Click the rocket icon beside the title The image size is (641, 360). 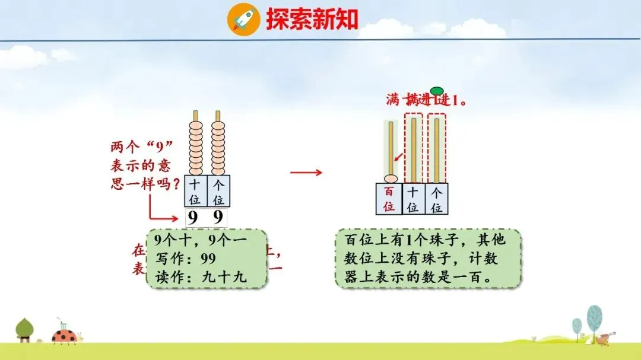tap(243, 20)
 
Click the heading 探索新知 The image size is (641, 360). tap(312, 20)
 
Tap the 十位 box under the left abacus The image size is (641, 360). tap(195, 191)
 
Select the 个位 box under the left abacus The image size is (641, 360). tap(218, 191)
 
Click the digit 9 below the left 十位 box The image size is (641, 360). tap(193, 218)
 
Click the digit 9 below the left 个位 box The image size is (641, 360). tap(218, 218)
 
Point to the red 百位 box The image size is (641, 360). tap(389, 199)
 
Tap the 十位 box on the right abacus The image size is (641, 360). tap(414, 199)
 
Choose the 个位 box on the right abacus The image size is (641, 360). tap(437, 199)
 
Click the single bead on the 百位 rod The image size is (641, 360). tap(390, 179)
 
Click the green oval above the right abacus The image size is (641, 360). tap(437, 91)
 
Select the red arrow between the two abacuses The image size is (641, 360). tap(306, 173)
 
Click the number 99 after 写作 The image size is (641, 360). tap(208, 259)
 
